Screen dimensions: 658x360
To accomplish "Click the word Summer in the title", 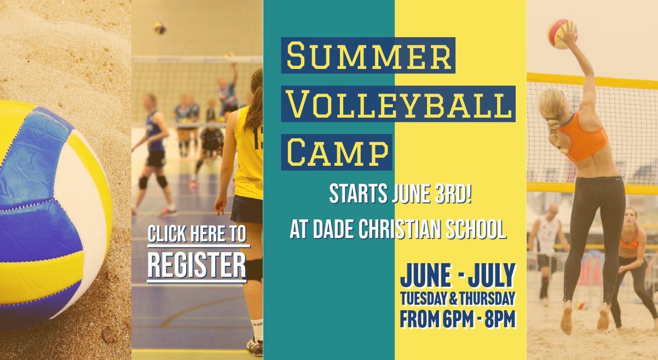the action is coord(368,55).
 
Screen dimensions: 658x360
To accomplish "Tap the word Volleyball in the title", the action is coord(399,104).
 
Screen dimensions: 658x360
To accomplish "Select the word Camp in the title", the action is coord(337,153).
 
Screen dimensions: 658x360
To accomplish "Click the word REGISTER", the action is coord(197,265).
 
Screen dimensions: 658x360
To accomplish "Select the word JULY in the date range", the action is coord(492,276).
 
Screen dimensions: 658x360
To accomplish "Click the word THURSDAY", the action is coord(488,299).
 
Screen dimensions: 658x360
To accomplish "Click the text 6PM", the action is coord(458,319).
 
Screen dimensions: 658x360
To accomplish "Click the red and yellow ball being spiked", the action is coord(562,34).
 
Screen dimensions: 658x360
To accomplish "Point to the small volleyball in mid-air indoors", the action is coord(160,28).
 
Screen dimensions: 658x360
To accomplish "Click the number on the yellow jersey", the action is coord(258,138).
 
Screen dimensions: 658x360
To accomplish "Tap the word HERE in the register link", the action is coord(207,234).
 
